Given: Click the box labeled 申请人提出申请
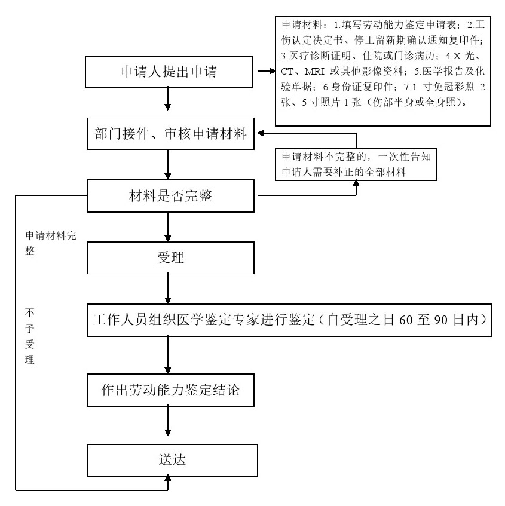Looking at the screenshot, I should [x=169, y=72].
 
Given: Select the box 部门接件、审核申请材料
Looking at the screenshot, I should [x=169, y=133].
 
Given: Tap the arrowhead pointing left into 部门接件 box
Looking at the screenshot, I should [x=262, y=134].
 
